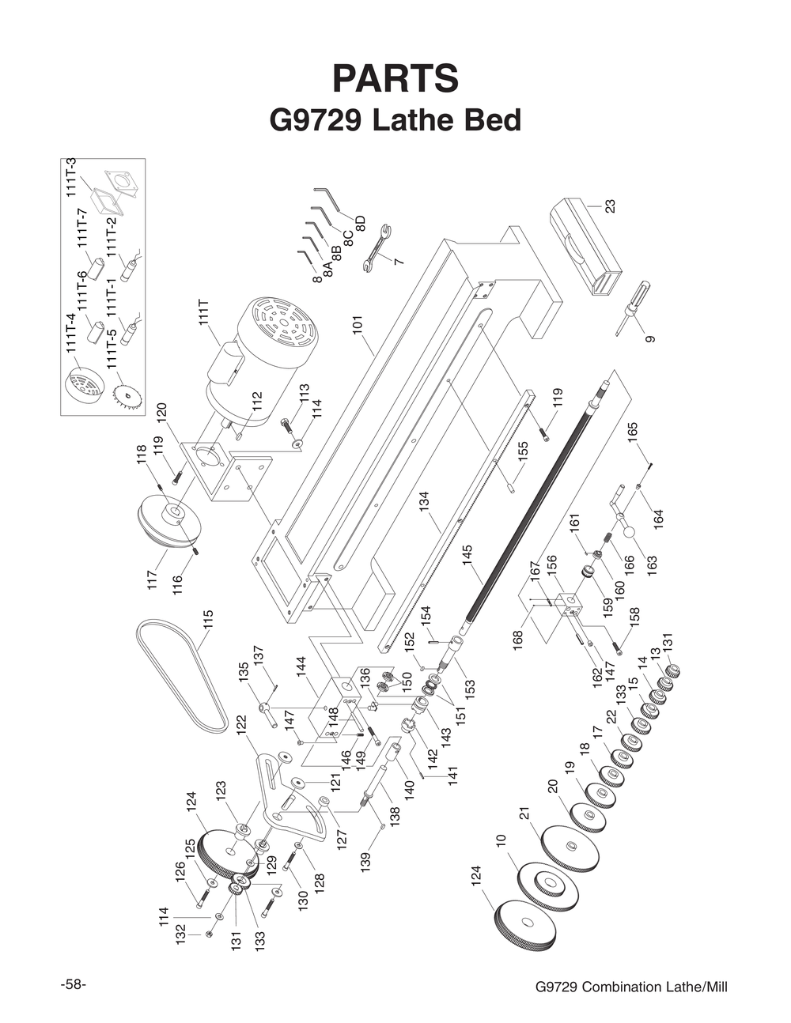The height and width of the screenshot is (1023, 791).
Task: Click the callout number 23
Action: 610,206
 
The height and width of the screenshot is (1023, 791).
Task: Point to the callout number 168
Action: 518,639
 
